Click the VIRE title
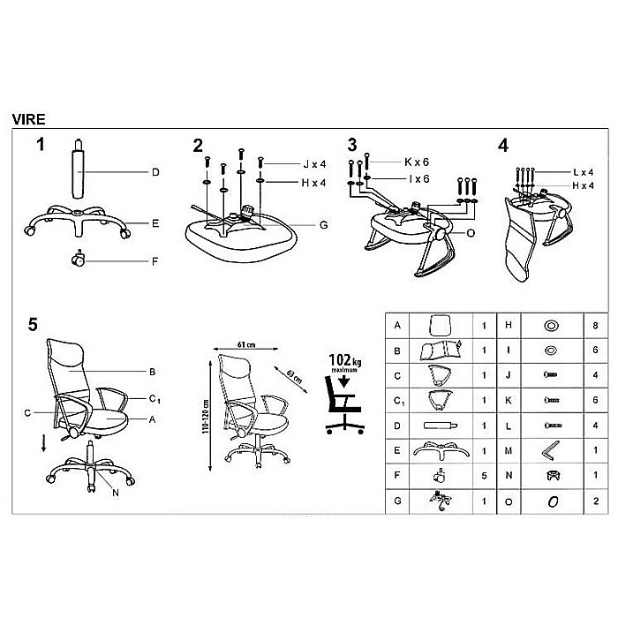click(x=28, y=119)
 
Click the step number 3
click(x=352, y=145)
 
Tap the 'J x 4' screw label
click(x=314, y=164)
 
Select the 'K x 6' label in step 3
click(x=417, y=162)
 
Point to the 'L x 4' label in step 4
click(x=584, y=172)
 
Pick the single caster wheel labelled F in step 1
click(x=79, y=259)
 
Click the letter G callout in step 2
click(x=324, y=225)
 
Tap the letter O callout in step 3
click(x=471, y=233)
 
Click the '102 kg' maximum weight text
click(x=345, y=360)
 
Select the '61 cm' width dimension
click(x=246, y=345)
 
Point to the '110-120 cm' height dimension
click(x=206, y=416)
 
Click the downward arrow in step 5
click(x=44, y=443)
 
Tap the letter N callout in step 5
click(x=116, y=493)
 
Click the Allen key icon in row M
click(x=550, y=450)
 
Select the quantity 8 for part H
click(x=595, y=326)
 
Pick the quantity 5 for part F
click(x=484, y=476)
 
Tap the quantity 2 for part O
click(x=596, y=501)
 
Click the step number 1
click(x=41, y=145)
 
